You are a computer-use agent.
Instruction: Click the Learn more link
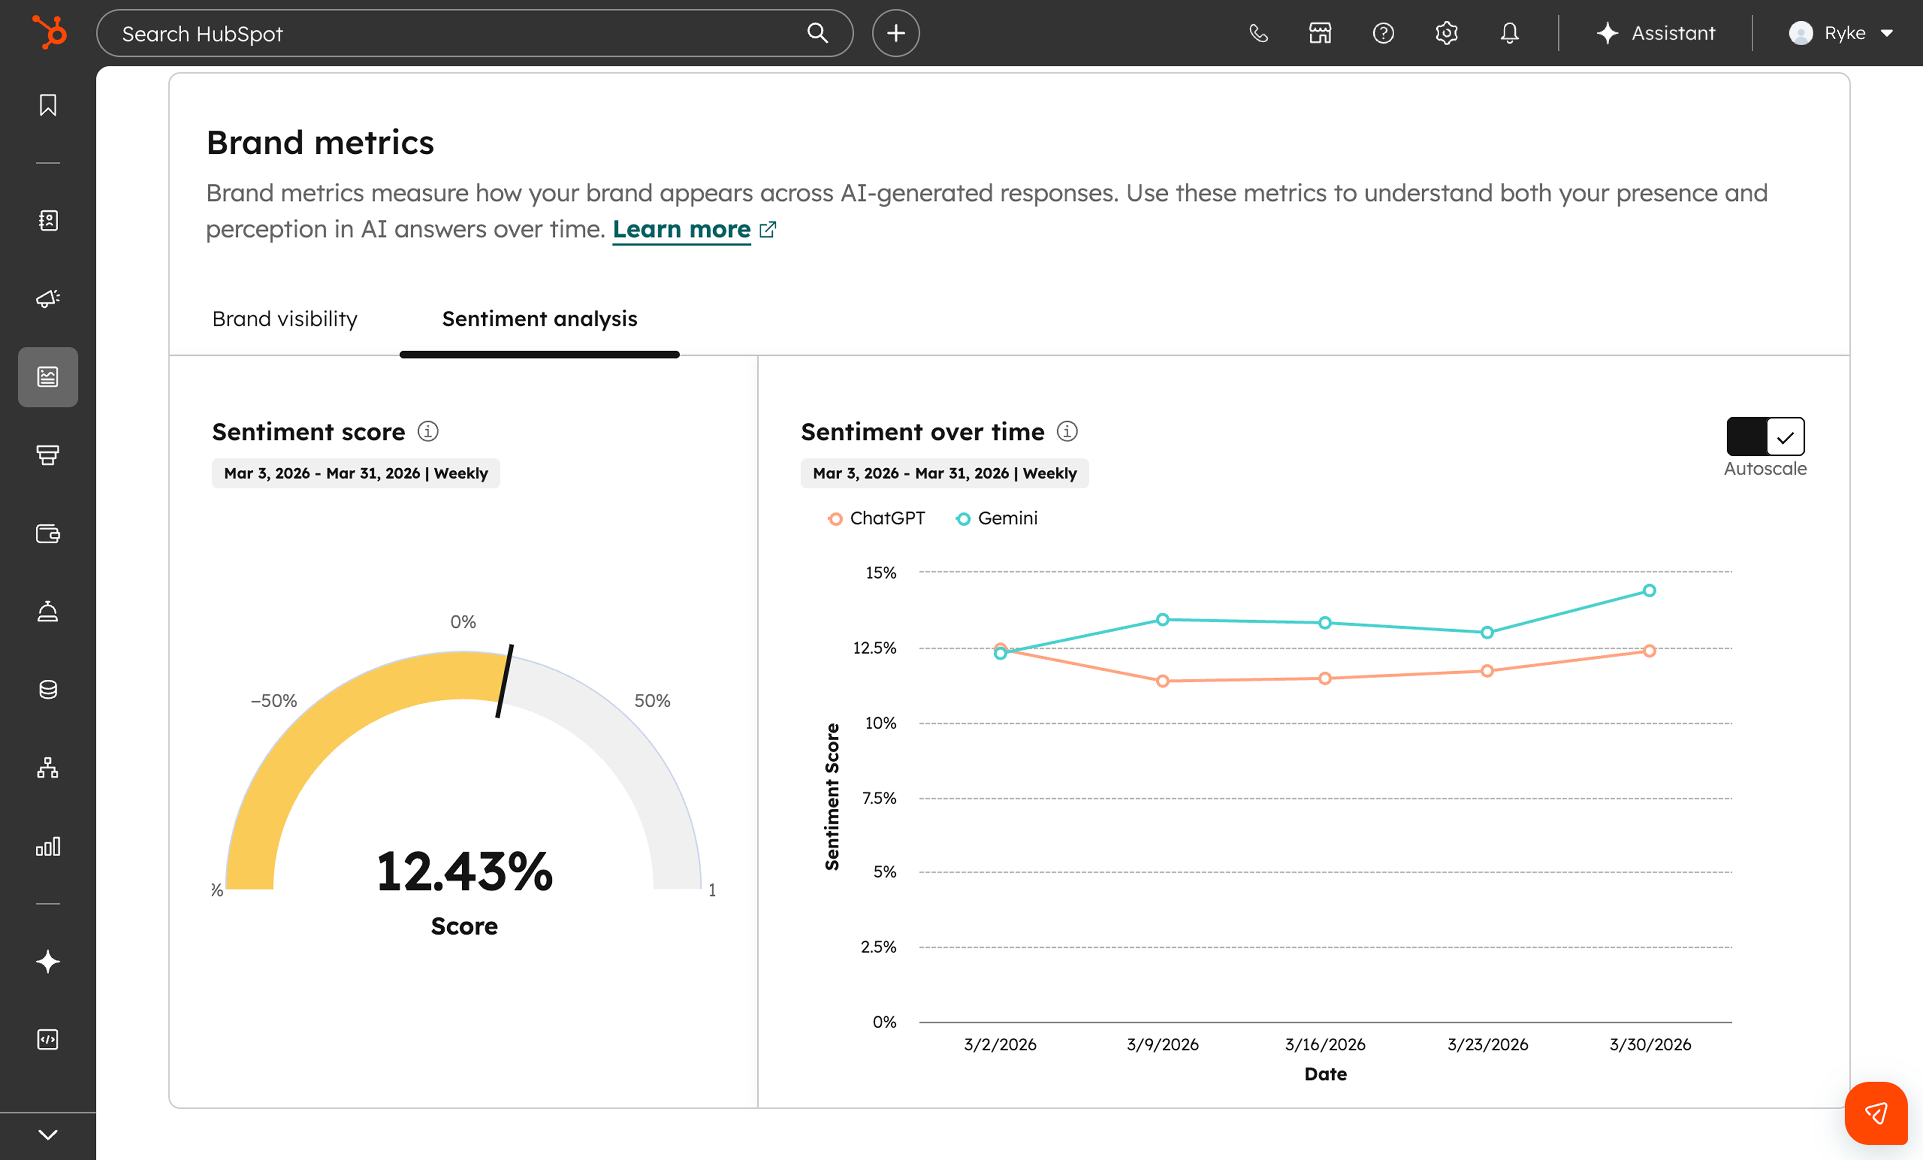[x=682, y=229]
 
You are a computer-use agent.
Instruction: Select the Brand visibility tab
[x=285, y=319]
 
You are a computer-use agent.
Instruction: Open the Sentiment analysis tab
[x=539, y=319]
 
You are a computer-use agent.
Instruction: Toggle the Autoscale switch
[x=1765, y=436]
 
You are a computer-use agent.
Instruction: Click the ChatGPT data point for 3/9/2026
[x=1162, y=681]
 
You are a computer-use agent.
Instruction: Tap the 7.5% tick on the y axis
[x=879, y=798]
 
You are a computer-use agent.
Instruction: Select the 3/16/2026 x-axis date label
[x=1325, y=1044]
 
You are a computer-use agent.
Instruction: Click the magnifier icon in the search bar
[x=817, y=33]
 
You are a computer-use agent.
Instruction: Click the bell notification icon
[x=1509, y=33]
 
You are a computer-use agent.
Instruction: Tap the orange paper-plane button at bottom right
[x=1875, y=1112]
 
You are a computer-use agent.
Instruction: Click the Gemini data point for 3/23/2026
[x=1487, y=632]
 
